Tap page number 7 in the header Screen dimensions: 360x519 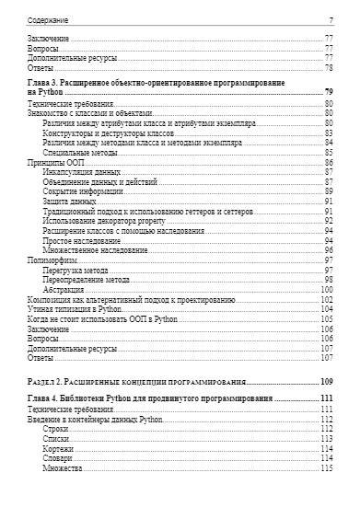pyautogui.click(x=330, y=19)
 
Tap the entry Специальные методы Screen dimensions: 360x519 pyautogui.click(x=76, y=153)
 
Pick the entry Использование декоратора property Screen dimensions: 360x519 pyautogui.click(x=105, y=220)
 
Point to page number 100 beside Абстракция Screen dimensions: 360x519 pyautogui.click(x=326, y=290)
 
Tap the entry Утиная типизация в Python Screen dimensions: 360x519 pyautogui.click(x=75, y=309)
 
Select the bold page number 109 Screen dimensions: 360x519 pyautogui.click(x=326, y=381)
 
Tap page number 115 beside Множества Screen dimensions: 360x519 pyautogui.click(x=326, y=467)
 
